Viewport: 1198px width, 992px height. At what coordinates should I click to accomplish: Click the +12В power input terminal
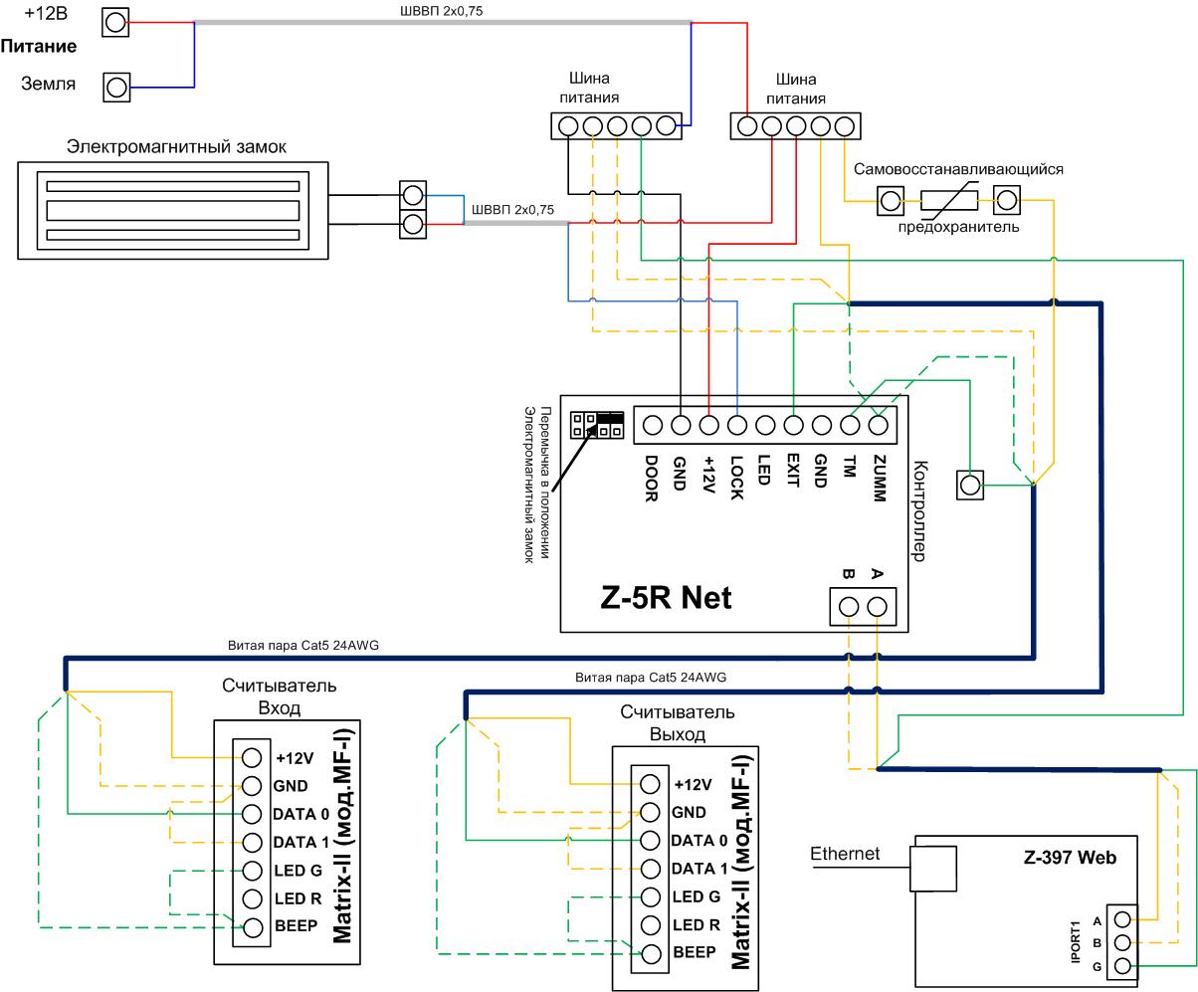coord(115,22)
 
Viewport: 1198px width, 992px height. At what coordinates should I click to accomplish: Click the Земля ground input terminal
coord(116,88)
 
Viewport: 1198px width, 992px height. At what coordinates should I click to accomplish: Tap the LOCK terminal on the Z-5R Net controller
coord(736,425)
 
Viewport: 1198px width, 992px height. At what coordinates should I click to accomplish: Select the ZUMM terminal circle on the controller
coord(878,425)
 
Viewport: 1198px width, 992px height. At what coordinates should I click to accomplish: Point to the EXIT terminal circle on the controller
coord(793,425)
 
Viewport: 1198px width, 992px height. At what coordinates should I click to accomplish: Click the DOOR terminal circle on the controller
coord(653,425)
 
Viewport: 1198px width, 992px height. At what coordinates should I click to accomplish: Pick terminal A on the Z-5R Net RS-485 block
coord(877,607)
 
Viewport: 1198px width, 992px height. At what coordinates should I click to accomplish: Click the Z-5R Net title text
coord(666,597)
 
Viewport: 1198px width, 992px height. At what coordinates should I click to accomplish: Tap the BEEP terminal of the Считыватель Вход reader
coord(252,927)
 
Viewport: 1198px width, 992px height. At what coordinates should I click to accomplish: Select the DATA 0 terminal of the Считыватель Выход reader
coord(650,841)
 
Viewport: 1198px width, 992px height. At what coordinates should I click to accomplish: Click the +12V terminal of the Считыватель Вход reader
coord(252,758)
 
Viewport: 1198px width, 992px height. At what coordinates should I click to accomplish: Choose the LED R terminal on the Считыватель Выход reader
coord(650,925)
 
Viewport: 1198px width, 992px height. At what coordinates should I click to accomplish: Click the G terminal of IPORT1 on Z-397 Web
coord(1122,966)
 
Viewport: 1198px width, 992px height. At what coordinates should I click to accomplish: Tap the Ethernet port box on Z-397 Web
coord(933,869)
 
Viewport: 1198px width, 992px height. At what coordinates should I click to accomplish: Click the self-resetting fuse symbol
coord(949,200)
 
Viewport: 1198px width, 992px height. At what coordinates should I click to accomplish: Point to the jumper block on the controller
coord(597,425)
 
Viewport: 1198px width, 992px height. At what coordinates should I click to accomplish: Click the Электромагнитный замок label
coord(176,147)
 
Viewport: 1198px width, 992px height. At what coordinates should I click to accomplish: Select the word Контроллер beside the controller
coord(919,510)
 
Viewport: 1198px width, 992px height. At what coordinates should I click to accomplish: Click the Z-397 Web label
coord(1070,857)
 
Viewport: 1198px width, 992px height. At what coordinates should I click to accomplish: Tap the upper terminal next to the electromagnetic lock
coord(413,195)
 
